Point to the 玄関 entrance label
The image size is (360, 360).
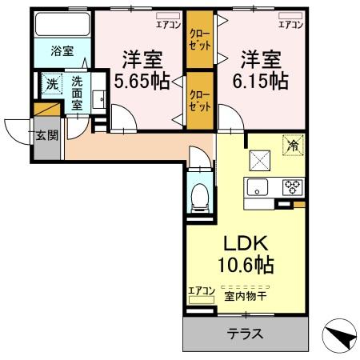coord(46,134)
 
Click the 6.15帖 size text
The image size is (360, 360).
coord(260,81)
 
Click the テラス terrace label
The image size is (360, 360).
coord(246,334)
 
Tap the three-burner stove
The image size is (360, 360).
coord(293,189)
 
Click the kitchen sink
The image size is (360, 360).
coord(258,189)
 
